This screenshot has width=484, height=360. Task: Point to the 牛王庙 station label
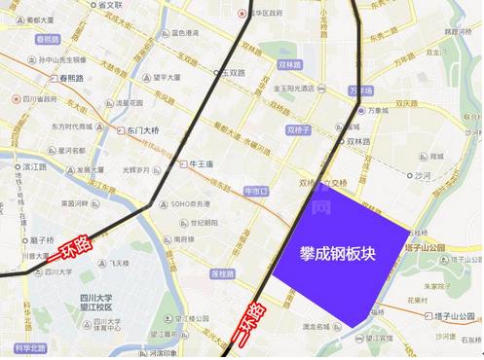[x=204, y=163]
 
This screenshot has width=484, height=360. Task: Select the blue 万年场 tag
[x=360, y=90]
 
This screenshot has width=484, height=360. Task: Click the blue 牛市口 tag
[x=254, y=192]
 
